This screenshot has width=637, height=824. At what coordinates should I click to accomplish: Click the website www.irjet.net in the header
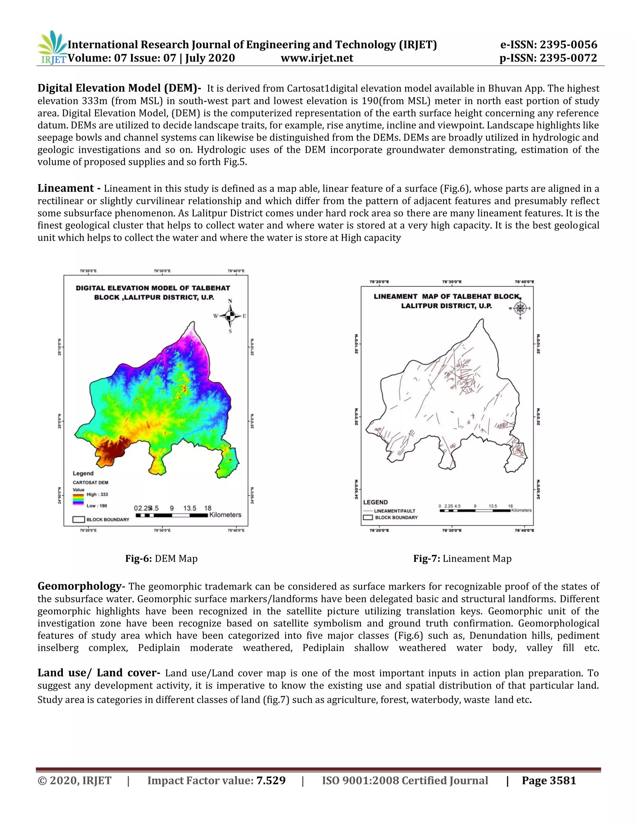tap(317, 58)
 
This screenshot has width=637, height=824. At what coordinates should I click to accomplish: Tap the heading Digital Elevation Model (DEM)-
tap(119, 88)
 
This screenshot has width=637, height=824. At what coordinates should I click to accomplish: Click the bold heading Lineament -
tap(69, 188)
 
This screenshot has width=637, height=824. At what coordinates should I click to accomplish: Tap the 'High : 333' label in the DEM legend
tap(97, 494)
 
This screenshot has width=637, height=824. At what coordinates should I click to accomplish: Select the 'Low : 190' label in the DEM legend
tap(97, 506)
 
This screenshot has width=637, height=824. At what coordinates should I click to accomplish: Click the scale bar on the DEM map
tap(172, 515)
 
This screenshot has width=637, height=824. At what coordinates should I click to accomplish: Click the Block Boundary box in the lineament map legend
tap(368, 517)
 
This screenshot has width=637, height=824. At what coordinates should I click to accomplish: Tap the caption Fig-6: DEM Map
tap(161, 558)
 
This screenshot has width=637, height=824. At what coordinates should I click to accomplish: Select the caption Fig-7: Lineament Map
tap(462, 558)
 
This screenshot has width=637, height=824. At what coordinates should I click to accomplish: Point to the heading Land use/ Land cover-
tap(99, 673)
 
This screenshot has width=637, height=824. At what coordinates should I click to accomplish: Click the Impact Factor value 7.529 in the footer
tap(271, 780)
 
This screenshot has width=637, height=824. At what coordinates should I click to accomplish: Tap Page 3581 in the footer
tap(549, 780)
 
